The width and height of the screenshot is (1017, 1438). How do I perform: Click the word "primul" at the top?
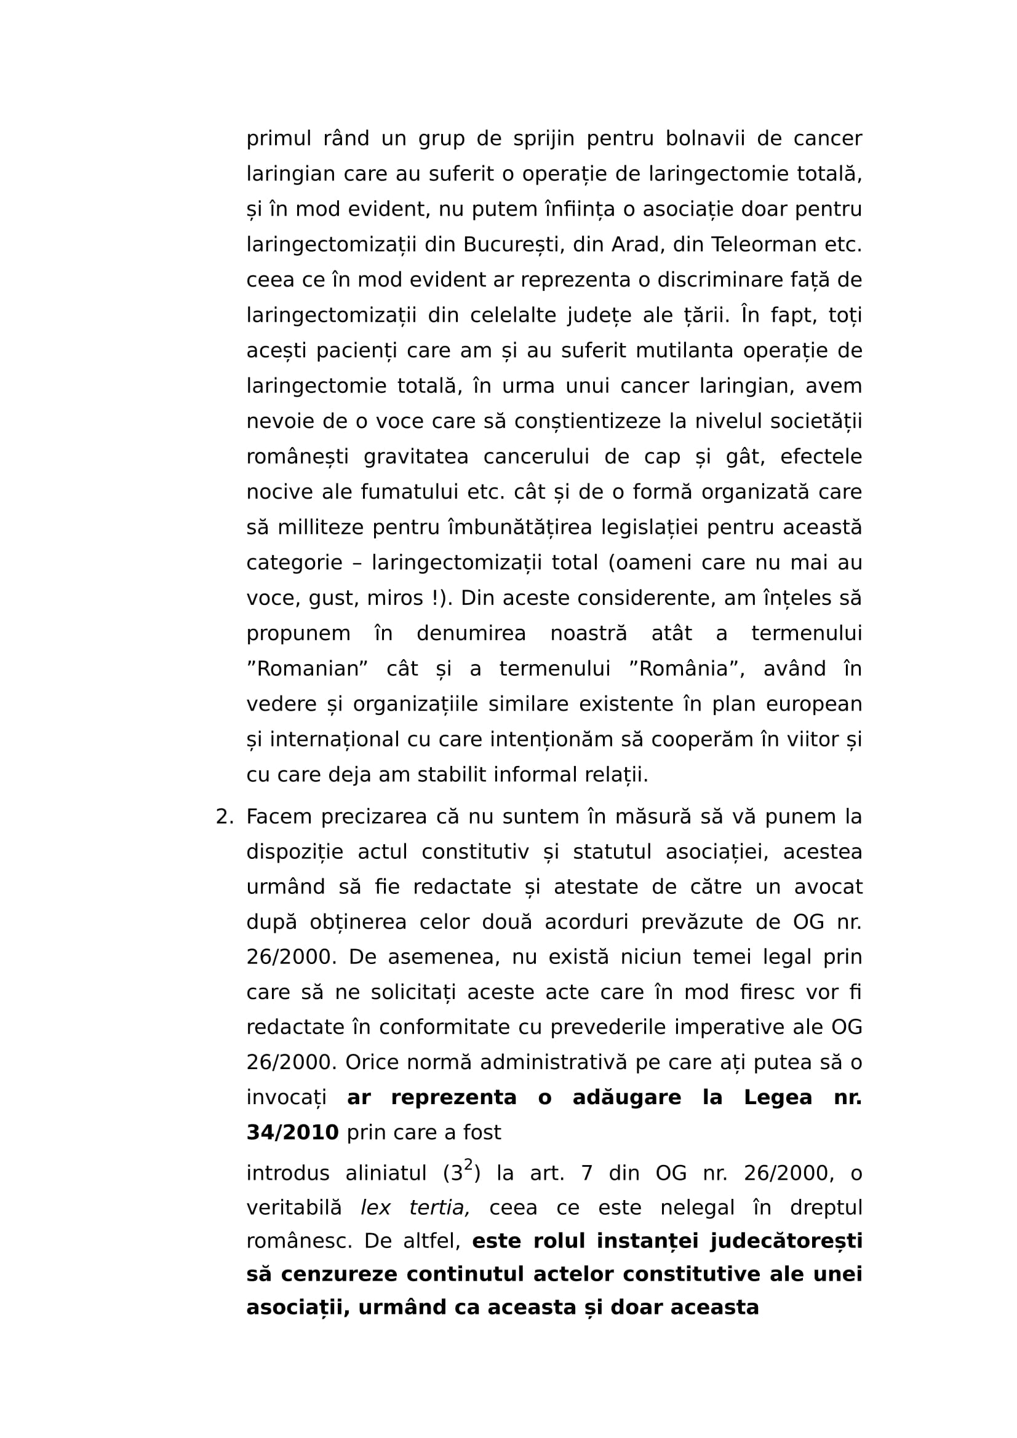click(x=278, y=138)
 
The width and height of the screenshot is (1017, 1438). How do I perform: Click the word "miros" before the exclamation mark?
click(x=396, y=598)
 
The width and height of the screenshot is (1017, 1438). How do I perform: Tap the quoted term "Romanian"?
click(x=307, y=669)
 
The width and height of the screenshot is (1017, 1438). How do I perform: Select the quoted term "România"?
click(x=686, y=669)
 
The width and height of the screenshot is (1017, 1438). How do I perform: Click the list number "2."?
click(x=225, y=816)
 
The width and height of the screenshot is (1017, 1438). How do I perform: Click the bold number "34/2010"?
click(x=292, y=1132)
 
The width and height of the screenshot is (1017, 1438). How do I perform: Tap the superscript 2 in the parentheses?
click(x=468, y=1165)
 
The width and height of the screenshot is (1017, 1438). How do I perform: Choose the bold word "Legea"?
click(x=778, y=1097)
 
